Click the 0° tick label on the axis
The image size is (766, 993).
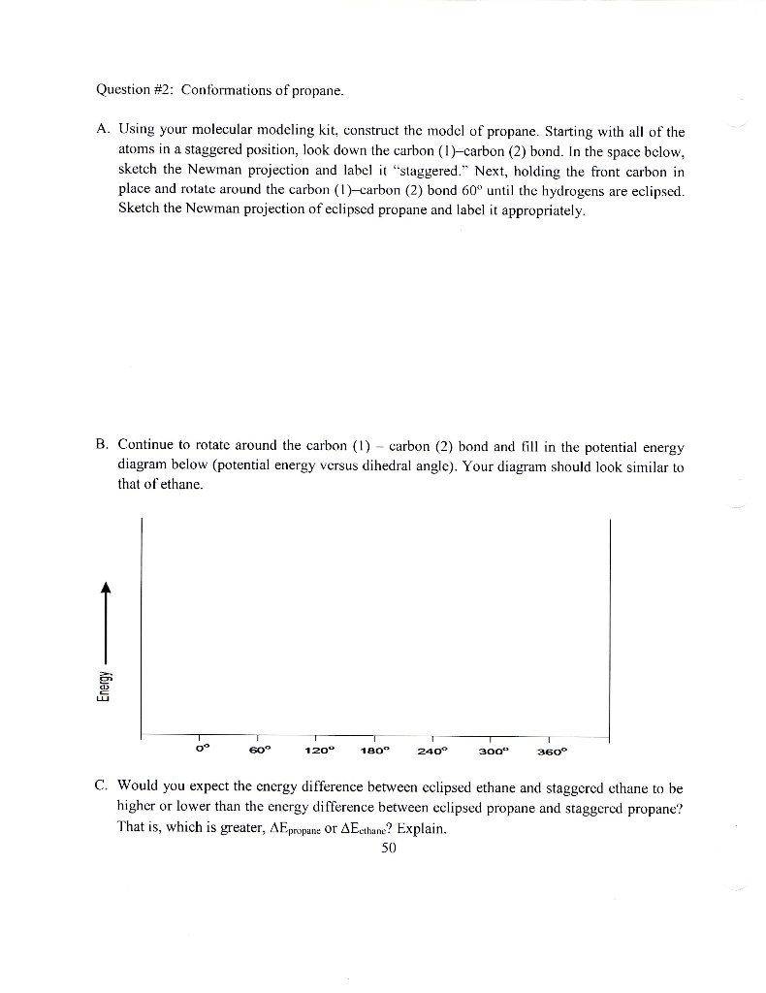coord(202,750)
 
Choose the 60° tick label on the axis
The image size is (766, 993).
coord(260,750)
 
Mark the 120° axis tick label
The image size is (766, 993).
coord(318,751)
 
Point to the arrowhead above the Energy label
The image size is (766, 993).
coord(107,589)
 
